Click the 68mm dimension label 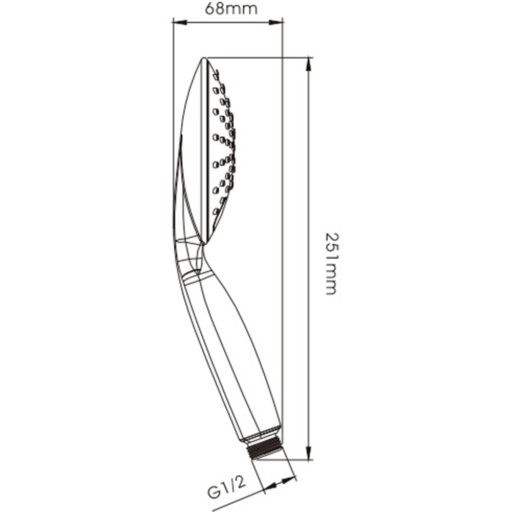(x=231, y=9)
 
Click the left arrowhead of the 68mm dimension (x=180, y=22)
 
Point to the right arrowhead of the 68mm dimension (x=275, y=22)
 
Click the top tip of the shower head (x=204, y=58)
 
